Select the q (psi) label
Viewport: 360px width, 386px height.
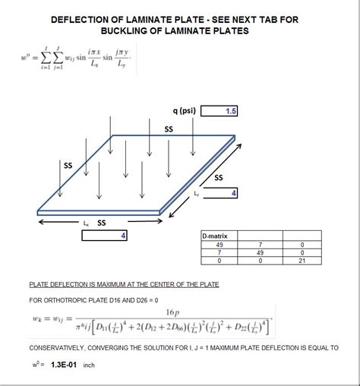pos(185,111)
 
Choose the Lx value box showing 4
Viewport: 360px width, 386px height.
pos(105,236)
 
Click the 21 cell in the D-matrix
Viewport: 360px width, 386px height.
pos(302,261)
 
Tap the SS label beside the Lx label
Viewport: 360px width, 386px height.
pos(101,223)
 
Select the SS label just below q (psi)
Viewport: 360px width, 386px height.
pos(169,130)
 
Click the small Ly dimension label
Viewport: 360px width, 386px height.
pos(197,195)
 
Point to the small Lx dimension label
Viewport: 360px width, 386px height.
pos(87,223)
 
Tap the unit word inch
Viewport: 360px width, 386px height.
pos(89,365)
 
